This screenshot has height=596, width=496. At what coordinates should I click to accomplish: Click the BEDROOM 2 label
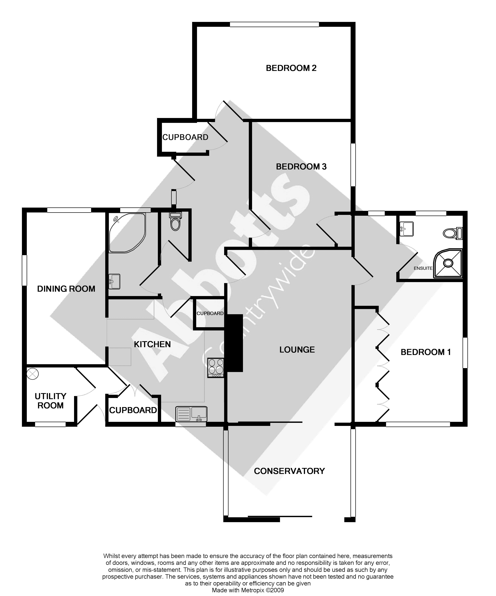(x=291, y=68)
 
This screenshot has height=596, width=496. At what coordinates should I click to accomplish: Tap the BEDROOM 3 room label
(x=301, y=167)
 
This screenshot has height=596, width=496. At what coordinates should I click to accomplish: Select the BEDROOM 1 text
(x=426, y=352)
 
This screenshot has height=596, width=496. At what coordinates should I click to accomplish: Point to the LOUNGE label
(x=297, y=350)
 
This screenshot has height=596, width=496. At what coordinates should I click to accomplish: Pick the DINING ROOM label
(x=66, y=289)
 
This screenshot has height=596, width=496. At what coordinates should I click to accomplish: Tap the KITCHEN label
(x=152, y=344)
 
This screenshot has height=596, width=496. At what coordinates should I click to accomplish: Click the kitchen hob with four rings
(x=216, y=367)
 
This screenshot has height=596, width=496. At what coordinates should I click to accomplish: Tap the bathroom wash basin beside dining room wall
(x=114, y=281)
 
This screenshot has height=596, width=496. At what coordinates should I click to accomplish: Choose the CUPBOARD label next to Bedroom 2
(x=185, y=137)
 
